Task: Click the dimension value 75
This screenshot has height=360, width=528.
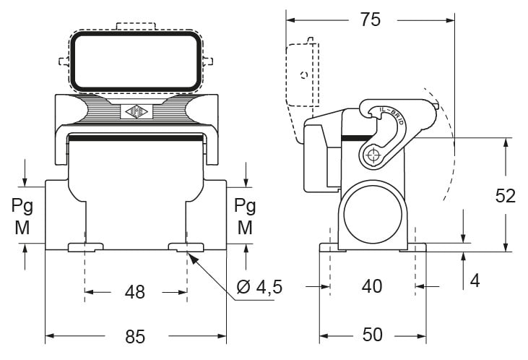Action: click(x=370, y=20)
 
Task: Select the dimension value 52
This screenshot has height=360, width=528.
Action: click(x=506, y=195)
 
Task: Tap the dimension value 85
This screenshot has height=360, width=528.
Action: click(x=135, y=336)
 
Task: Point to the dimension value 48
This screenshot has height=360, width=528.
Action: click(x=135, y=292)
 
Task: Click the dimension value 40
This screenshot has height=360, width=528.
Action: click(x=372, y=286)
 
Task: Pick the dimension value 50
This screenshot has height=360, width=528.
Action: click(x=372, y=335)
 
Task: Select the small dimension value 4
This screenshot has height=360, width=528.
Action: click(x=474, y=280)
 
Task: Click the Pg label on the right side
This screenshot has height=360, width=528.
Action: click(x=246, y=205)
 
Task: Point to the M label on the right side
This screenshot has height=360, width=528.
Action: click(x=246, y=227)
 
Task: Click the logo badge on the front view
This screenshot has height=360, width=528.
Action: click(x=134, y=112)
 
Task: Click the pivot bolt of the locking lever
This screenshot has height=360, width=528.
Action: click(x=373, y=155)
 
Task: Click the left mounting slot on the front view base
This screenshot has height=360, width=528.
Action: click(x=85, y=248)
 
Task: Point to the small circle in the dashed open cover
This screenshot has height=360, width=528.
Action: click(x=304, y=74)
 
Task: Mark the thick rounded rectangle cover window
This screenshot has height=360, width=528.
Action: click(x=134, y=61)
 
